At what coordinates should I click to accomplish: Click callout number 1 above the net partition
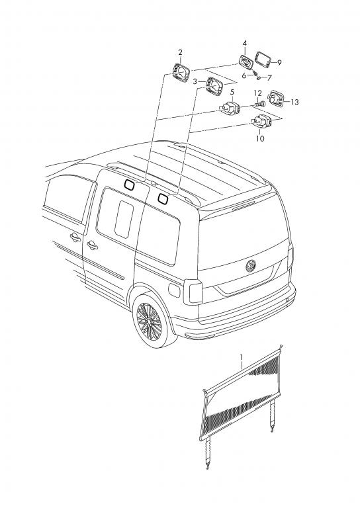tap(242, 357)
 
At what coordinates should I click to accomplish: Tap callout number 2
tap(180, 52)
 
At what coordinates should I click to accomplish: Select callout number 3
tap(195, 82)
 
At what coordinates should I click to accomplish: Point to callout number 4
tap(245, 43)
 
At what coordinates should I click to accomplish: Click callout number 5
tap(232, 93)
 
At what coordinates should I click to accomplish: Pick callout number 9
tap(279, 63)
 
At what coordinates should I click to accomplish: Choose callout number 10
tap(260, 139)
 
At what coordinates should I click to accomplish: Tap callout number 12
tap(257, 94)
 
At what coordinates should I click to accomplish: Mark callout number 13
tap(294, 103)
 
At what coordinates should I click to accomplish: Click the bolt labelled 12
tap(260, 105)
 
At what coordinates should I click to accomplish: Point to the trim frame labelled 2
tap(181, 71)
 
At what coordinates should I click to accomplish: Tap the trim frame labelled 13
tap(275, 99)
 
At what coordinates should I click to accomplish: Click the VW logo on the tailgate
tap(250, 266)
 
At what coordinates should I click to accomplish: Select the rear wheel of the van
tap(151, 321)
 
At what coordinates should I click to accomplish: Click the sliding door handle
tap(92, 245)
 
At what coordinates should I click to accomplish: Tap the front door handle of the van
tap(75, 237)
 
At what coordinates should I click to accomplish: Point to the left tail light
tap(193, 292)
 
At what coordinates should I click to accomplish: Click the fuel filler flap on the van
tap(174, 290)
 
